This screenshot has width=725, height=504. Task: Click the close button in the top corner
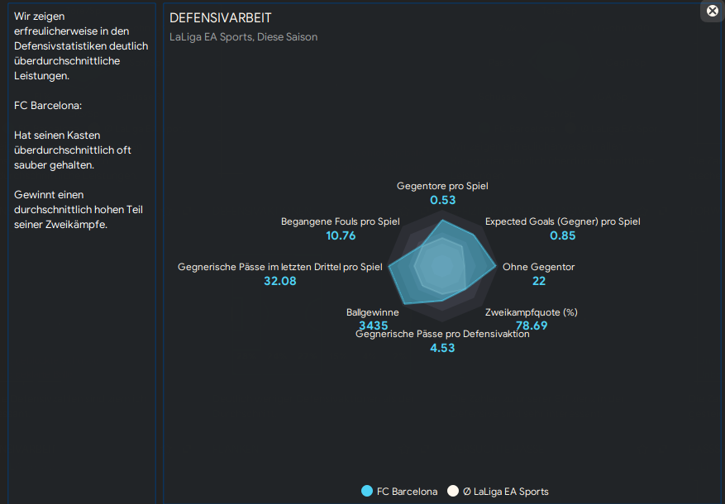click(x=713, y=11)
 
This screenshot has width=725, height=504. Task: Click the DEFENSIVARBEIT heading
click(x=220, y=18)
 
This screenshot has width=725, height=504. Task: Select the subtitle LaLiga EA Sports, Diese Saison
click(x=243, y=37)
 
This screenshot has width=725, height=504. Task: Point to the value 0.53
click(x=443, y=200)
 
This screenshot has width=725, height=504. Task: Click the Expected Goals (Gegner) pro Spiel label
click(x=562, y=221)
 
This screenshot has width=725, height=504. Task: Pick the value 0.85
click(x=562, y=235)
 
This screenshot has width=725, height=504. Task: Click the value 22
click(x=539, y=281)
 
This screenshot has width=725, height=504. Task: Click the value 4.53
click(x=442, y=348)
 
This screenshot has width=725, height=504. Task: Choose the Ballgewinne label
click(x=372, y=312)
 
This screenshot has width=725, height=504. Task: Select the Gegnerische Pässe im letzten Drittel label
click(x=280, y=267)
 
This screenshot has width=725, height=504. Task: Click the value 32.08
click(x=279, y=281)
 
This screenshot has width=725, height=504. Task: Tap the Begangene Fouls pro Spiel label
click(x=341, y=221)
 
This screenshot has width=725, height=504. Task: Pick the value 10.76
click(x=341, y=235)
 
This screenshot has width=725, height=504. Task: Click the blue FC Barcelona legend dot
click(x=367, y=492)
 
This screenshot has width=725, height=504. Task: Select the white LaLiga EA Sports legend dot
click(x=453, y=492)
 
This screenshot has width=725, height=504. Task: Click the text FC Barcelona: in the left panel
click(x=48, y=105)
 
